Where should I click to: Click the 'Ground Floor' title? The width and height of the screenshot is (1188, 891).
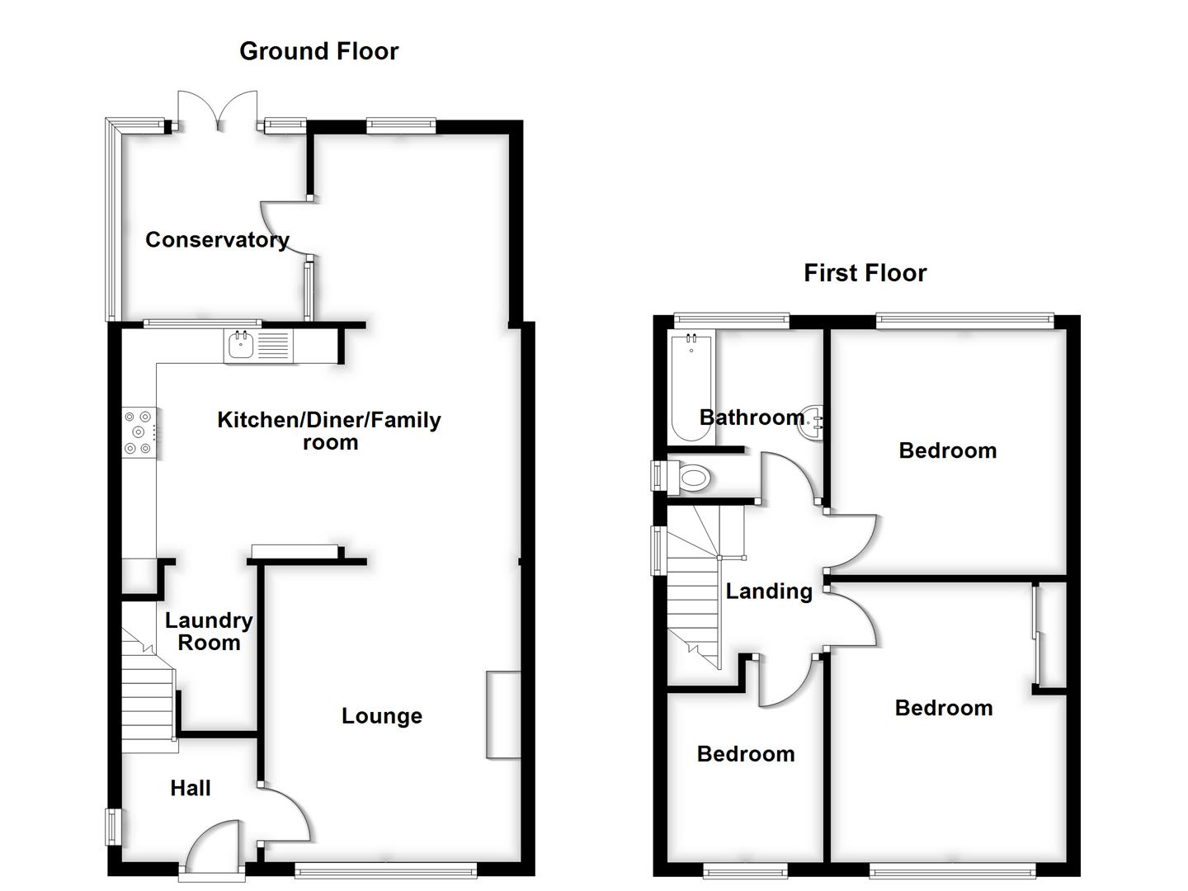318,51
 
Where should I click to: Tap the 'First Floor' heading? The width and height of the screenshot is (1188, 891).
865,273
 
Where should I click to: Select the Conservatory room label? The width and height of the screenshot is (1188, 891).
217,240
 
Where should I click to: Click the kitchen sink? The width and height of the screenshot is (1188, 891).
241,346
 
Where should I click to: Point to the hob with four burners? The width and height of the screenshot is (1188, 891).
139,432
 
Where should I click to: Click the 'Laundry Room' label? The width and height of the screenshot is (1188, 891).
209,632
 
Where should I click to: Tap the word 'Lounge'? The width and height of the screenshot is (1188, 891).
382,716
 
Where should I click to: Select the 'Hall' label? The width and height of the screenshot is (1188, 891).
191,789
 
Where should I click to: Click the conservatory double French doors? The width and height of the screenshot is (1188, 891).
218,111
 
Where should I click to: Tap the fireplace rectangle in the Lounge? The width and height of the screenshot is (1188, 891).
503,714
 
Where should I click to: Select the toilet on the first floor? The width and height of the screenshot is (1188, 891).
691,477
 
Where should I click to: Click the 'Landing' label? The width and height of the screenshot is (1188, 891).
769,592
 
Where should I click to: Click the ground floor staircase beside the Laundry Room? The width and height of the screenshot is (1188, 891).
148,701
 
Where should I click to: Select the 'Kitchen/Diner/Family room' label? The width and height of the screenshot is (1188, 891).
329,431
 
